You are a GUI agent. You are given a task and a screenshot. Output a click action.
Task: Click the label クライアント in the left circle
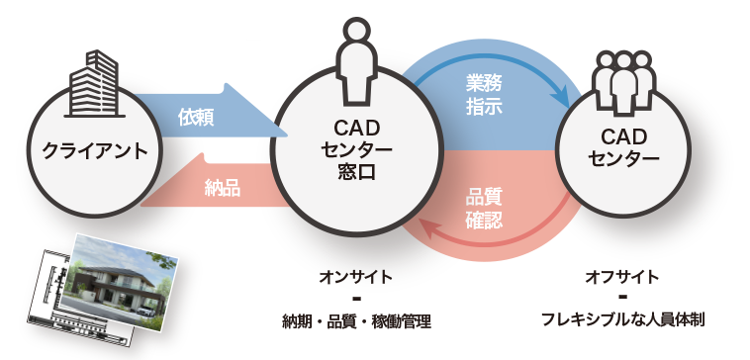point(95,152)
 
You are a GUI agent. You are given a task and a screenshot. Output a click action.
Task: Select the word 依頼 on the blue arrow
point(196,117)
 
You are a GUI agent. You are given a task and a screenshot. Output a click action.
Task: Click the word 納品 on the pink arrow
point(223,188)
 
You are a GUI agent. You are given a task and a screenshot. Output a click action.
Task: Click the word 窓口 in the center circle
point(357,172)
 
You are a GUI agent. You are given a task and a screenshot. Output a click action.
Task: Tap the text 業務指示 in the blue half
point(484,95)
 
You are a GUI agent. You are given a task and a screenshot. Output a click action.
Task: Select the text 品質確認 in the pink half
point(484,209)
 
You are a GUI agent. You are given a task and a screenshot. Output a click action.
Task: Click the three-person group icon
point(623,82)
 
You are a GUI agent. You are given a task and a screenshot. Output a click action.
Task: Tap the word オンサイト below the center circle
point(357,277)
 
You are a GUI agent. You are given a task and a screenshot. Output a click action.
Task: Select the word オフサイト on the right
point(622,277)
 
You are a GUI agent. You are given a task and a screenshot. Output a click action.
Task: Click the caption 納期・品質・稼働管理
point(357,321)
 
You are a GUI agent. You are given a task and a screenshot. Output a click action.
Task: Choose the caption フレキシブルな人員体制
point(622,319)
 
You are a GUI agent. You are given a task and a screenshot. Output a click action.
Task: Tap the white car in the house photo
point(144,310)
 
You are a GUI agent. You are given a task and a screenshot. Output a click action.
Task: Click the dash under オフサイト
point(622,298)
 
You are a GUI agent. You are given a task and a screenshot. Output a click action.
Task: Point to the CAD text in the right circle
point(623,137)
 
